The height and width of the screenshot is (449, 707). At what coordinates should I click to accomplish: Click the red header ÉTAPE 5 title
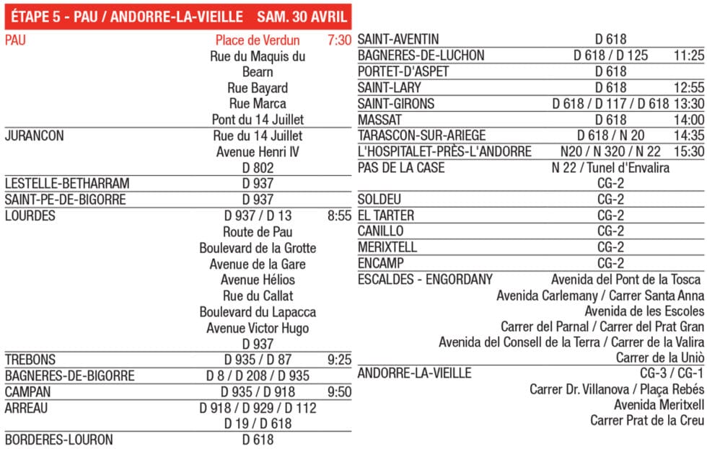coord(176,16)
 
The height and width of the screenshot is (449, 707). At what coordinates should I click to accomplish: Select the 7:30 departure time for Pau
coord(338,40)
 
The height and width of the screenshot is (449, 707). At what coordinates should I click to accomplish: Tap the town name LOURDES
coord(30,215)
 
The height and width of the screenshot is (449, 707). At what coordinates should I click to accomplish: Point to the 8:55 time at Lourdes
coord(338,215)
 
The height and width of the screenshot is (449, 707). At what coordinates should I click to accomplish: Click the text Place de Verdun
coord(258,40)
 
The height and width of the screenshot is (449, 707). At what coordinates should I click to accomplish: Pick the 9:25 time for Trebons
coord(338,359)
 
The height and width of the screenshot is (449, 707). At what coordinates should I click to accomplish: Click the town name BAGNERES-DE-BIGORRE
coord(70,375)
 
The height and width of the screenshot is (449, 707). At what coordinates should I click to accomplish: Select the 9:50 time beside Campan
coord(338,391)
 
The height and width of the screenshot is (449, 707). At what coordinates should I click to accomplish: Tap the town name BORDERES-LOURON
coord(59,439)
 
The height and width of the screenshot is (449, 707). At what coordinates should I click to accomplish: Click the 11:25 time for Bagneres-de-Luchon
coord(689,55)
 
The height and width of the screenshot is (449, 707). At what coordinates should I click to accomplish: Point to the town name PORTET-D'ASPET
coord(403,71)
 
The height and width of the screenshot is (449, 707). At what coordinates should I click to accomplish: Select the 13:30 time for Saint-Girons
coord(689,104)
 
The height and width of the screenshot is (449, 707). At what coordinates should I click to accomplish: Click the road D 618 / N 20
coord(611,135)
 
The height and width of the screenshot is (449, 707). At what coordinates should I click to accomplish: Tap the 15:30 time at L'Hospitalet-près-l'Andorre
coord(689,151)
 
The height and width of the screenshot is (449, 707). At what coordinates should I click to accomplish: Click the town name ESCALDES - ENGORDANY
coord(425,279)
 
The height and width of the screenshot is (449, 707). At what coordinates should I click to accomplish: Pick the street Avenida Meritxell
coord(659,404)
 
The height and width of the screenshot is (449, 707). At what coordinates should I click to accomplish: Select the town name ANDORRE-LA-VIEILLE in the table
coord(415,373)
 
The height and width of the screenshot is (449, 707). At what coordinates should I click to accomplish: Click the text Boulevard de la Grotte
coord(258,248)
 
